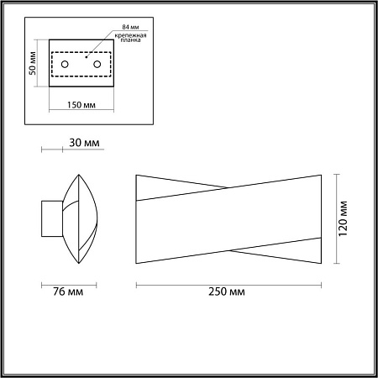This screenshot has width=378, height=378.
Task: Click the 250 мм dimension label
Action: pos(227,291)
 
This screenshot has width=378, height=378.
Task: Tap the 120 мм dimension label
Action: pos(343,218)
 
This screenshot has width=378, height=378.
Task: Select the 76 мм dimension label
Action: pos(68,291)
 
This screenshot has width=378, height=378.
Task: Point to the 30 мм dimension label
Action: pos(84,143)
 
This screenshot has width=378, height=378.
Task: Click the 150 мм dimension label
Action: pos(81,105)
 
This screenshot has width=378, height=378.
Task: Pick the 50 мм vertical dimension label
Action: pos(33,63)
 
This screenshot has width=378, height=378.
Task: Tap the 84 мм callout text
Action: pos(130,27)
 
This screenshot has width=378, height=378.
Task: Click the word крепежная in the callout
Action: pos(130,35)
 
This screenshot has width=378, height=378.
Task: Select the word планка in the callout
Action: pos(130,40)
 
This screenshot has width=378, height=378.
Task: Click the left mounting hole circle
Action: pos(65,65)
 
